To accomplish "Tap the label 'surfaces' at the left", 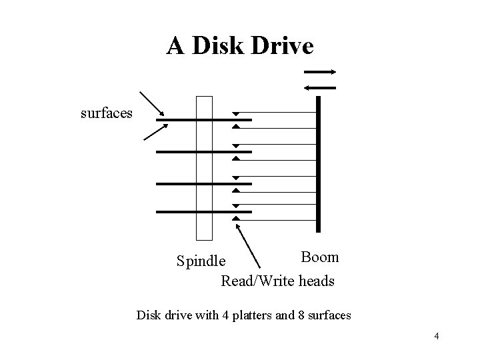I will point(107,113).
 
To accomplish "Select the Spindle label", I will point(201,259).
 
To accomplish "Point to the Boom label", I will point(319,257).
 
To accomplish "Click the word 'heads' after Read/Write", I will point(316,281).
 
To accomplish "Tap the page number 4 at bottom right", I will point(436,336).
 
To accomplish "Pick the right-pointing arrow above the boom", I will point(320,72).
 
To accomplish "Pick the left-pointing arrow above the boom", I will point(320,86).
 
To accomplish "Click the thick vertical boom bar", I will point(319,163).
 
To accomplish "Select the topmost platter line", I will point(204,120).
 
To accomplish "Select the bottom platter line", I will point(204,212).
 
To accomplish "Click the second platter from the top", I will point(204,152).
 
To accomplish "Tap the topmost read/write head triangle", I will point(235,115).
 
